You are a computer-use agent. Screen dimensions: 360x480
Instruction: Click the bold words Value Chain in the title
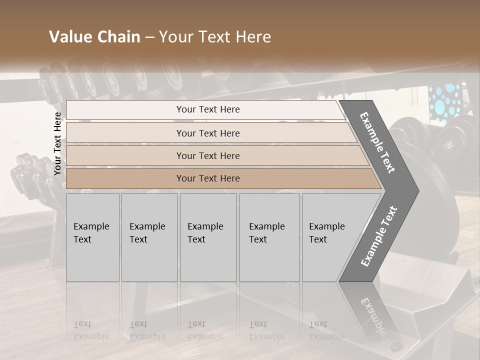tap(94, 37)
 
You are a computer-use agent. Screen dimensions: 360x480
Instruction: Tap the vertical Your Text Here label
tap(57, 143)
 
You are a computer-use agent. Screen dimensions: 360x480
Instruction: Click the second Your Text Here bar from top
tap(207, 133)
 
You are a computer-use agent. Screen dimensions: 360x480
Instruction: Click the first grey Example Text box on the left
tap(92, 237)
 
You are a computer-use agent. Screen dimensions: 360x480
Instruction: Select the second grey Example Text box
tap(149, 237)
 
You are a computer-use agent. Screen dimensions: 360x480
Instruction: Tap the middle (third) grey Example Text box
tap(208, 237)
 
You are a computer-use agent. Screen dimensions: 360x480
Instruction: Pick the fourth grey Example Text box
tap(269, 237)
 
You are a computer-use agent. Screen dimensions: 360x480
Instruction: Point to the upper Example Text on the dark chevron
tap(378, 142)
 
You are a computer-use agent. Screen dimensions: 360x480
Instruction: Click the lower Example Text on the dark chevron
tap(378, 236)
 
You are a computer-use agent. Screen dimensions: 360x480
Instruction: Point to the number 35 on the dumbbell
tap(448, 144)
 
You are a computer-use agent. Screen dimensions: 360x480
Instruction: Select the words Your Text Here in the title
tap(215, 37)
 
